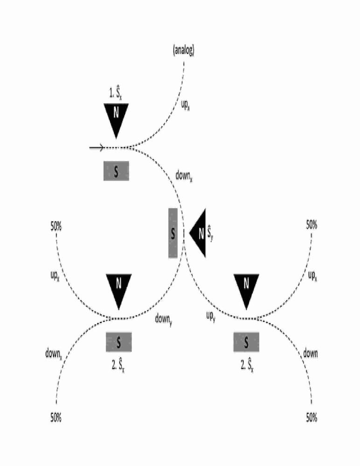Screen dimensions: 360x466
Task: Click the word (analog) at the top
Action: click(184, 50)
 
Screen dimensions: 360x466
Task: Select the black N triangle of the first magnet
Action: click(116, 117)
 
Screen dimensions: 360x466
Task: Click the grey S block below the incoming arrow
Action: click(116, 171)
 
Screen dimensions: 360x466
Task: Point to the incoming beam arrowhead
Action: click(101, 147)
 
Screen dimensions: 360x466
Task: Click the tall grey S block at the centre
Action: click(173, 233)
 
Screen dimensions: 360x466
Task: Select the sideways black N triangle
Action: click(198, 233)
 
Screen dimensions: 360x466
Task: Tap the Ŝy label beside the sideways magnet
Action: click(210, 233)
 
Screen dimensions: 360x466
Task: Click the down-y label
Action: click(164, 320)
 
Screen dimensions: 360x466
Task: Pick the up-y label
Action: click(211, 316)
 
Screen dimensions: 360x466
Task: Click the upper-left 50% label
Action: click(56, 227)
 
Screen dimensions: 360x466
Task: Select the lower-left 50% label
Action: click(56, 418)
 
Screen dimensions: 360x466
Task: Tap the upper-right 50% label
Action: click(312, 225)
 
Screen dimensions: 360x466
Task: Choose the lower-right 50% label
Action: click(312, 418)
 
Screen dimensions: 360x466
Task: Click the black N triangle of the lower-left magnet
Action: click(119, 288)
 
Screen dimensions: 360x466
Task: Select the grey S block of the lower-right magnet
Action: click(246, 342)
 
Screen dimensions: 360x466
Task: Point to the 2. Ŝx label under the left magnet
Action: click(118, 365)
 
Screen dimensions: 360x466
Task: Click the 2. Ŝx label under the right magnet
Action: click(247, 365)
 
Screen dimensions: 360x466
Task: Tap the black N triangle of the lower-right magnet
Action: click(246, 288)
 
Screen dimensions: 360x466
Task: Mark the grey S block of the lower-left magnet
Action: click(119, 342)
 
